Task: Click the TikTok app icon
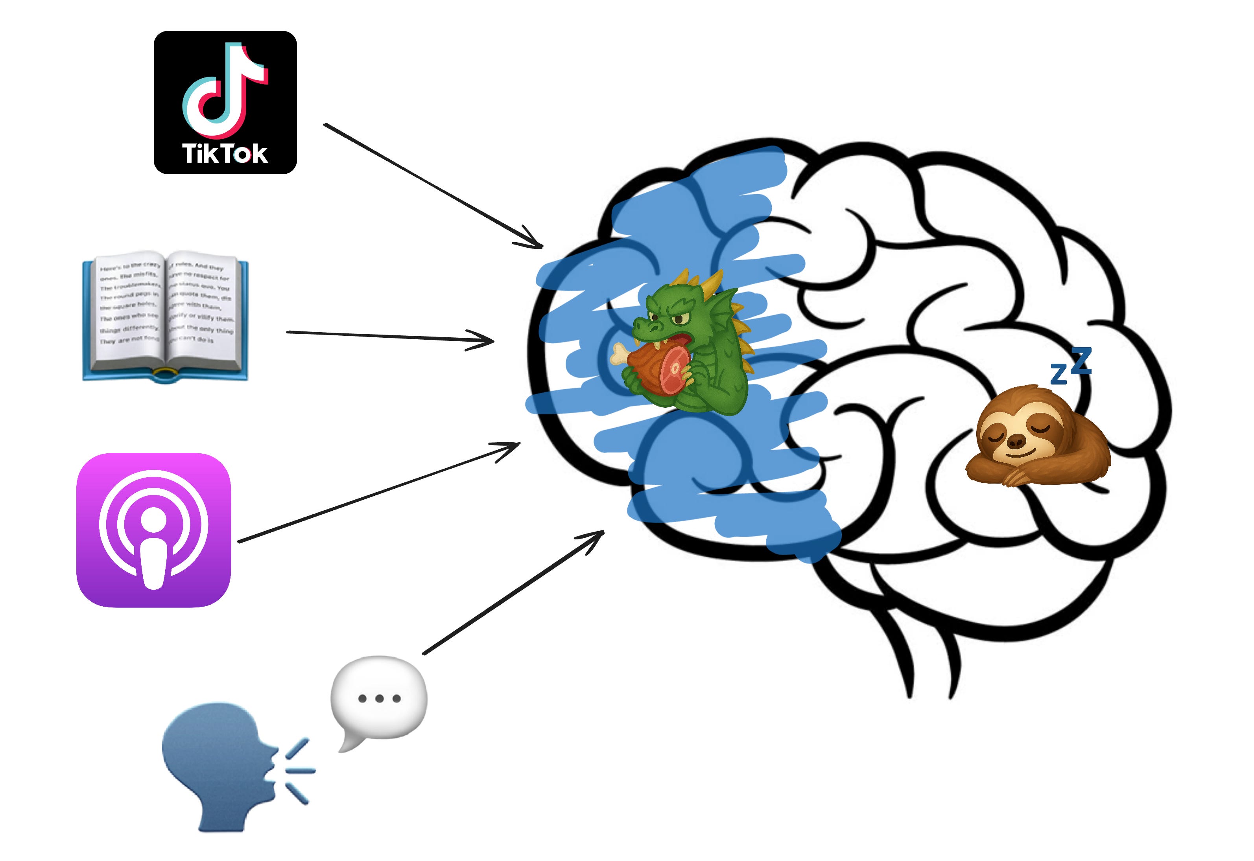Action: [225, 103]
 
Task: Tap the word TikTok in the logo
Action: [225, 154]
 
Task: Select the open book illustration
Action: [165, 316]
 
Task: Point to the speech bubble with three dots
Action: [378, 699]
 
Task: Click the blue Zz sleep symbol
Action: [1071, 367]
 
